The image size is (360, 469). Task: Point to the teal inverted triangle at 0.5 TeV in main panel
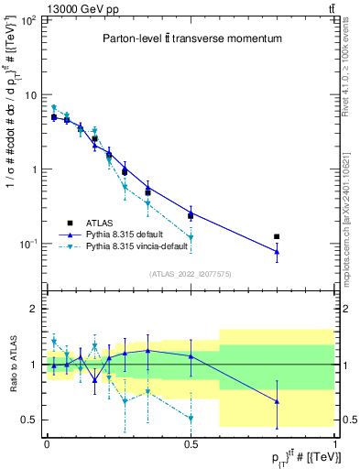[x=191, y=238]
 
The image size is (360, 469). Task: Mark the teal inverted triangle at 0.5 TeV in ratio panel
[x=191, y=419]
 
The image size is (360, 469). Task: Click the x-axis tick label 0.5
[x=191, y=442]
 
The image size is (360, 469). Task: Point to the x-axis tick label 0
[x=47, y=442]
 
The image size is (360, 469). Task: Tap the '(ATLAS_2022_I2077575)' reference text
[x=190, y=272]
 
